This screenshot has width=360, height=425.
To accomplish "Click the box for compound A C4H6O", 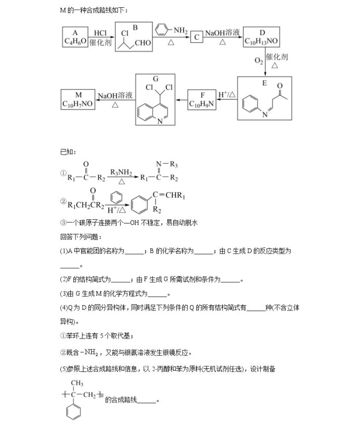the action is coord(75,37).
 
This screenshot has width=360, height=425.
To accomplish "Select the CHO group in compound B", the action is coord(143,43).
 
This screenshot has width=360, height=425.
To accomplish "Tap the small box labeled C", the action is coord(197,37).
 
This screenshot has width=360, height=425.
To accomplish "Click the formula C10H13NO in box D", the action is coord(261,41).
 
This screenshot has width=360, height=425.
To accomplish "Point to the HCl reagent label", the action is coord(100,33).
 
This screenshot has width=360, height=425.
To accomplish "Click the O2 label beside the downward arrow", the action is coord(259,61).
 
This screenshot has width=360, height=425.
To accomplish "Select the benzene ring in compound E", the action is coord(250,103).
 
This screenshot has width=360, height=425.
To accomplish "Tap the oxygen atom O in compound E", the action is coord(280,86).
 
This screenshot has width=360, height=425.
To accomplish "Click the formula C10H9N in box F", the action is coord(202,104).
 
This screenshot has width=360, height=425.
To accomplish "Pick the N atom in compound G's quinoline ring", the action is coord(160,121).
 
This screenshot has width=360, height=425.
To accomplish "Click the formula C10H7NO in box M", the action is coord(78,104).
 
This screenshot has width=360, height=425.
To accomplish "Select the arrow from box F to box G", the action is coord(182,100).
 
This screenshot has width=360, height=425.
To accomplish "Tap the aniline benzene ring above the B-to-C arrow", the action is coord(162,29).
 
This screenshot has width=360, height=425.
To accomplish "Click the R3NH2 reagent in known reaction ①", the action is coord(121,172).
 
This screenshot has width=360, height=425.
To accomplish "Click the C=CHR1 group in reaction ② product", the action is coord(169,195).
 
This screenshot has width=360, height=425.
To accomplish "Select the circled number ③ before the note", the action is coord(63,223).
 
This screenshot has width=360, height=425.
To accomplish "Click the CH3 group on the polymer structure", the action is coord(77,383).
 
